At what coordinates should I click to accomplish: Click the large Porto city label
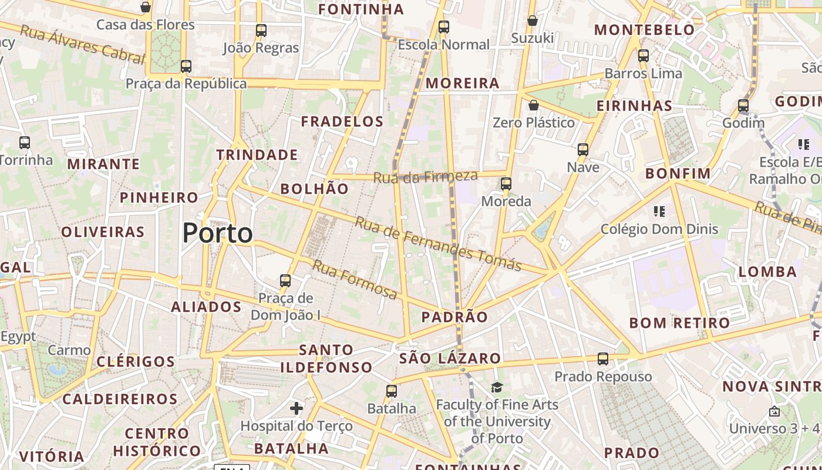(x=218, y=233)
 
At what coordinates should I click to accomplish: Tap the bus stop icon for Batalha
(x=392, y=391)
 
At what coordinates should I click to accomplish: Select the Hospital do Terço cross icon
(x=297, y=408)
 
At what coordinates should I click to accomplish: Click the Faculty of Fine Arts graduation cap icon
(x=497, y=387)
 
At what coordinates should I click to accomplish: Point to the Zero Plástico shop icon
(x=534, y=106)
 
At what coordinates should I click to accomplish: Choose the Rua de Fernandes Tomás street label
(x=438, y=243)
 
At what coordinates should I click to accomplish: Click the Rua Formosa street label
(x=354, y=279)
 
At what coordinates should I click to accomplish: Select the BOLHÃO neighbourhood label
(x=315, y=189)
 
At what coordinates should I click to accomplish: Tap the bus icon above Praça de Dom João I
(x=285, y=281)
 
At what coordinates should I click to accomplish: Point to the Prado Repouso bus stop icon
(x=603, y=359)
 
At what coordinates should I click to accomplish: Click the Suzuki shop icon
(x=533, y=21)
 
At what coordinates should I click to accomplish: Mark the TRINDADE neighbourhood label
(x=257, y=155)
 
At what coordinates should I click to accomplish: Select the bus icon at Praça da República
(x=186, y=66)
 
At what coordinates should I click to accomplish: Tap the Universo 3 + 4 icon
(x=774, y=411)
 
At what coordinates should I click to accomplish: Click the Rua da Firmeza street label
(x=426, y=176)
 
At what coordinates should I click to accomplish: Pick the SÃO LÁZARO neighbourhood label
(x=450, y=358)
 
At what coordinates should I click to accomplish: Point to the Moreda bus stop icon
(x=506, y=184)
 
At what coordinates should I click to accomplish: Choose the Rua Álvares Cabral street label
(x=82, y=44)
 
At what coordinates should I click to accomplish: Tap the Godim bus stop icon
(x=743, y=106)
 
